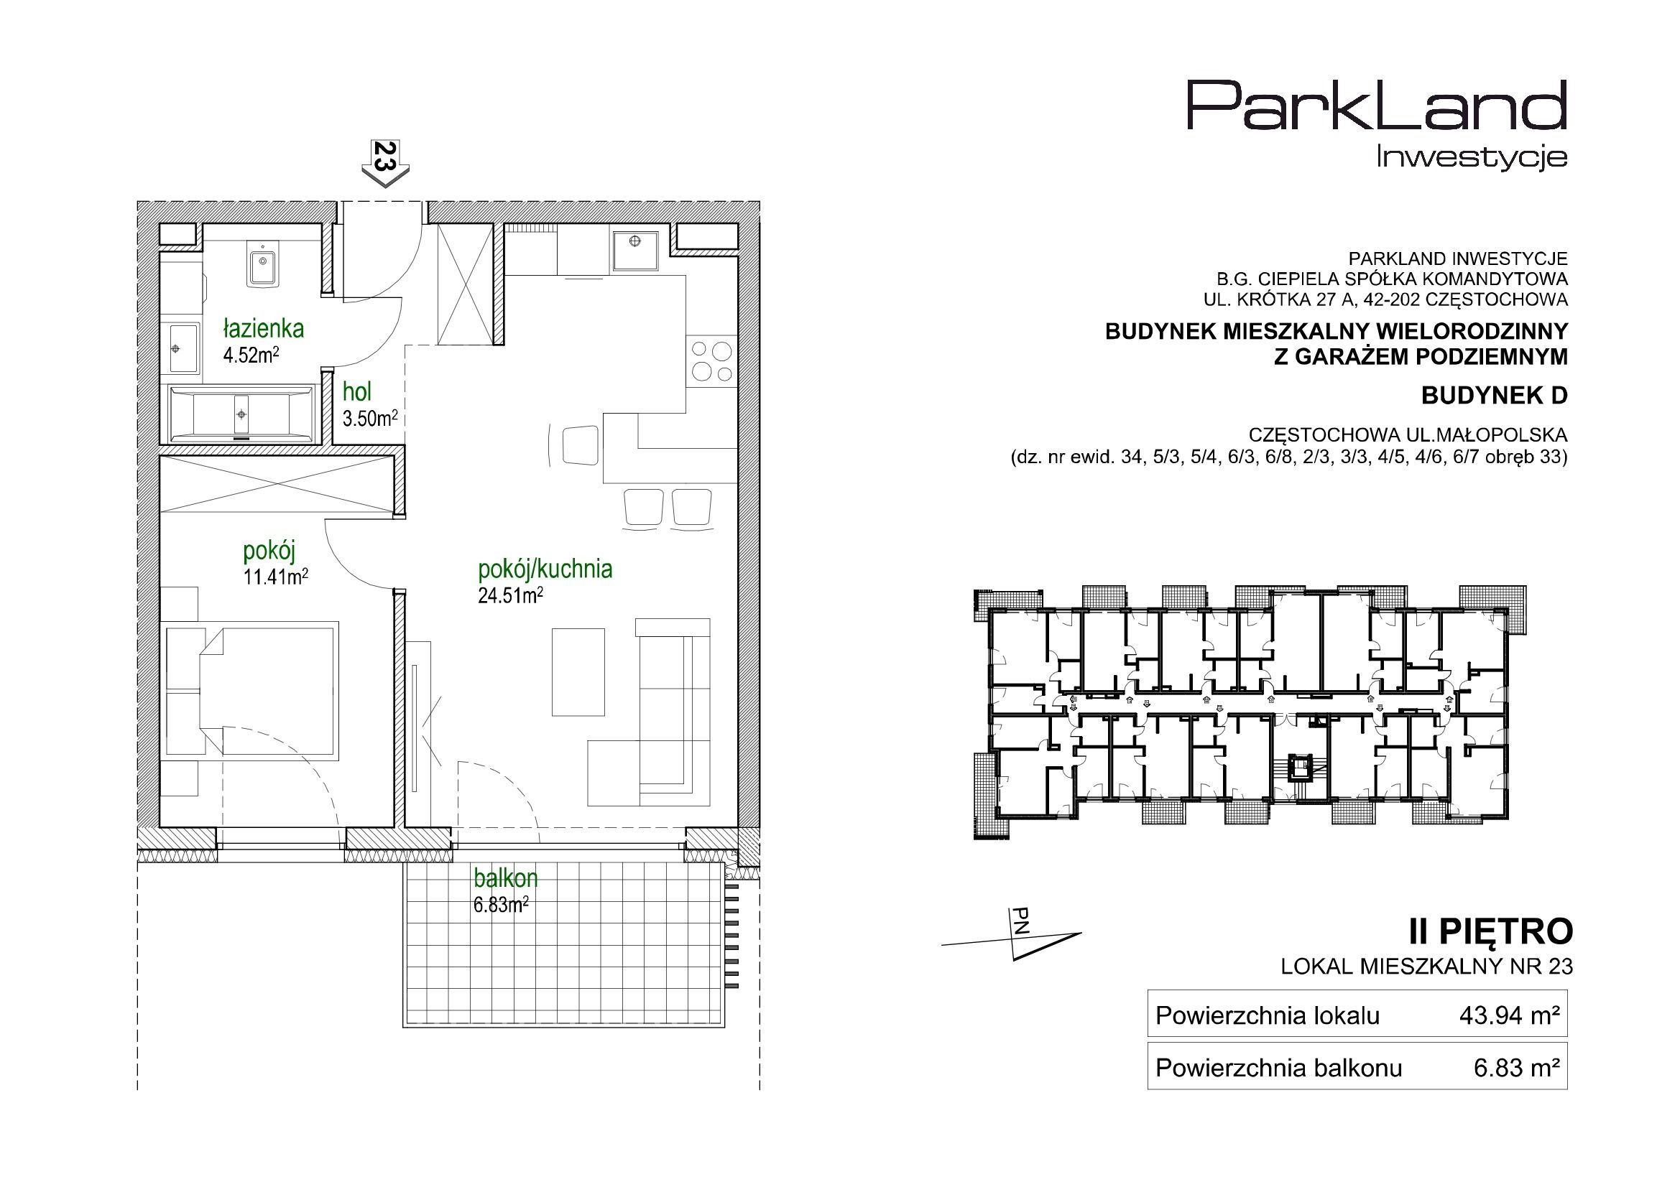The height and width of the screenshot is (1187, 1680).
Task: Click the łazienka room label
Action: coord(264,329)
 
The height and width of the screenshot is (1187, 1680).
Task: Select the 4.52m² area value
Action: coord(251,355)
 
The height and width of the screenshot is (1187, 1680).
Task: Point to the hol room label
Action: coord(357,393)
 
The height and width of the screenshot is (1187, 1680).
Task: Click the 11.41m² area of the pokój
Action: coord(275,577)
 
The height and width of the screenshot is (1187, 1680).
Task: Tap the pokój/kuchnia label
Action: coord(545,568)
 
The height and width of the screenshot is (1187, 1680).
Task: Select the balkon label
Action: coord(506,877)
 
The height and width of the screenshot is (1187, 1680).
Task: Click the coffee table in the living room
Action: coord(578,672)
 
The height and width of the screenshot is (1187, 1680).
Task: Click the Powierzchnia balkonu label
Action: coord(1279,1068)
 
